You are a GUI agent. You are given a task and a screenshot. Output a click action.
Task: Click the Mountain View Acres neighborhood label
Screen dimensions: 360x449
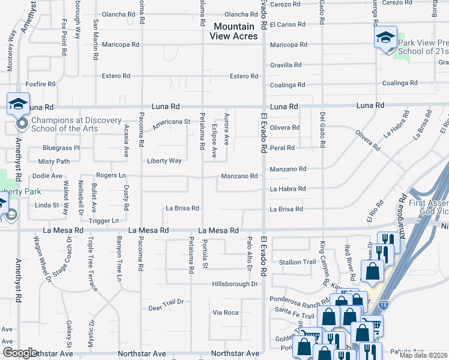point(234,31)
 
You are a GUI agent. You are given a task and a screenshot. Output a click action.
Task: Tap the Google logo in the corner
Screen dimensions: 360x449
point(20,353)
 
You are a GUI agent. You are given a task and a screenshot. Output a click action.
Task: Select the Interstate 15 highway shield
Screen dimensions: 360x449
point(384,305)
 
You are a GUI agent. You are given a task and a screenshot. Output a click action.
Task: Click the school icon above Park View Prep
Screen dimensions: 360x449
point(385,38)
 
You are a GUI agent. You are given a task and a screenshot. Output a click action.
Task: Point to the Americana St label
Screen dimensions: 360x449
point(171,122)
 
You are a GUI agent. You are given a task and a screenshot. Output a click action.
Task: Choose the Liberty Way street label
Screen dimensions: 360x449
point(164,161)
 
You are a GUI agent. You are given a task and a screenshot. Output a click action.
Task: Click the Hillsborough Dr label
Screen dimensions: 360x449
point(234,284)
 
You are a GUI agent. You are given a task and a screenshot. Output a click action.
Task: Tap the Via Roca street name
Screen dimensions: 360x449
point(226,313)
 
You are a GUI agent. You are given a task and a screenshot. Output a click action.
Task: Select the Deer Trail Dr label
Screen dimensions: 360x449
point(165,308)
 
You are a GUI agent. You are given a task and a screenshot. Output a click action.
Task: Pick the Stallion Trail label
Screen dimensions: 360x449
point(297,262)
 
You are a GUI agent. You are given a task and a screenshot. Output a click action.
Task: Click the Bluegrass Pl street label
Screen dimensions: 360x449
point(61,148)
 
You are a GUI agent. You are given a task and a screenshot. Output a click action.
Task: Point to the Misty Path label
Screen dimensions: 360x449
point(54,161)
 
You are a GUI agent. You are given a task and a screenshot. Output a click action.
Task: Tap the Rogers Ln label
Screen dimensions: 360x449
point(110,175)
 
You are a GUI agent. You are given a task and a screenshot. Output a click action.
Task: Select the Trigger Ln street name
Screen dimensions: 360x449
point(103,221)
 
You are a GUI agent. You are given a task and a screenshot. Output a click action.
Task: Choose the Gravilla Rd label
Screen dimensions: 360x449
point(285,65)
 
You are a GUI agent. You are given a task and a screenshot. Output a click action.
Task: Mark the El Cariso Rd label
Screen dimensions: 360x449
point(288,25)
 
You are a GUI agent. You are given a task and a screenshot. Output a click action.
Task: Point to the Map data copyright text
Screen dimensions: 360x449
point(424,355)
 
